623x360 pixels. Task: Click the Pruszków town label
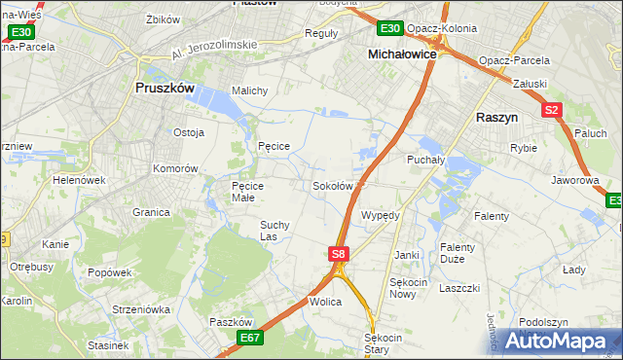point(164,88)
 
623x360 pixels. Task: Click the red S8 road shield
point(337,254)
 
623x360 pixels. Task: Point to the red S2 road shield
point(552,110)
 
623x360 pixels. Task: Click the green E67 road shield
point(250,337)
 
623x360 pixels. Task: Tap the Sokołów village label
point(331,186)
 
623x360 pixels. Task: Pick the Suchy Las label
point(274,230)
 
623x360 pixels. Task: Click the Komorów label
point(175,168)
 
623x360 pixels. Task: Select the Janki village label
point(406,255)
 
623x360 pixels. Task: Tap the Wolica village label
point(326,303)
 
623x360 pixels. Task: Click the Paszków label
point(231,322)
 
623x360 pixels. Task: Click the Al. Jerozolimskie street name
point(213,50)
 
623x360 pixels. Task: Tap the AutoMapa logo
point(565,341)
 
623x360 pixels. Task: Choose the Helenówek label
point(79,180)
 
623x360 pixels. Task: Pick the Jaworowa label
point(573,180)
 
